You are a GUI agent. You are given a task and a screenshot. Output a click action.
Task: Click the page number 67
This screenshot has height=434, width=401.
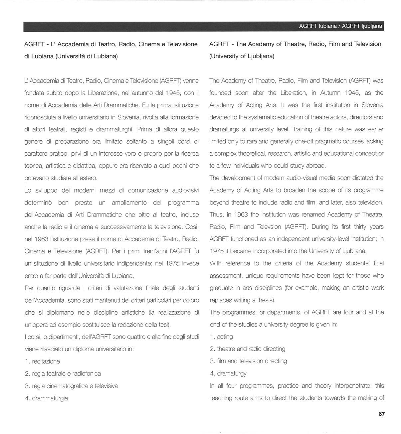click(x=381, y=414)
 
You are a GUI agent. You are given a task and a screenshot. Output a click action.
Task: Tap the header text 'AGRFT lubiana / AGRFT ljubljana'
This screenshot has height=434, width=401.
click(x=340, y=26)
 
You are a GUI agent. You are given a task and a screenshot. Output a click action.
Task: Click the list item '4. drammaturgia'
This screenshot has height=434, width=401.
click(x=46, y=398)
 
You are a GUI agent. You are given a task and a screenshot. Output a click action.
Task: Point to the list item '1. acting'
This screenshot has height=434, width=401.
click(x=221, y=337)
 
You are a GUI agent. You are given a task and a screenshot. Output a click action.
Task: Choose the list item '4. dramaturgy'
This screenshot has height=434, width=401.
click(x=228, y=373)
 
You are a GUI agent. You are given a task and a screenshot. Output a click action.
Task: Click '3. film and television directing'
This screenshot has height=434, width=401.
click(x=248, y=361)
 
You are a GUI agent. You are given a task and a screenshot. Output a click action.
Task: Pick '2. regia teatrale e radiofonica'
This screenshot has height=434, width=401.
click(x=63, y=373)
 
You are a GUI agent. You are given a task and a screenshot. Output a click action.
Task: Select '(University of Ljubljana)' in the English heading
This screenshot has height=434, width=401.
click(x=242, y=56)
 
